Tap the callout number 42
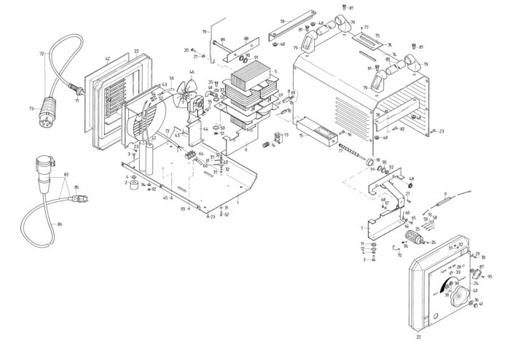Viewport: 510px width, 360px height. click(x=106, y=58)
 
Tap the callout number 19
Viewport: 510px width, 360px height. click(x=204, y=32)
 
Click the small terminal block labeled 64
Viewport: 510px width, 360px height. click(x=194, y=155)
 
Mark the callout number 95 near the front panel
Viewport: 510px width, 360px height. click(x=490, y=277)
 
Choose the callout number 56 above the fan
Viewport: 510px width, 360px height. click(x=171, y=79)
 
